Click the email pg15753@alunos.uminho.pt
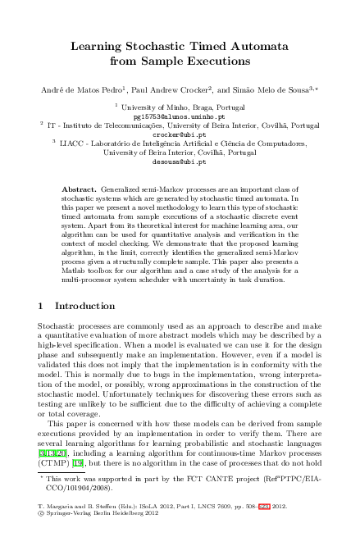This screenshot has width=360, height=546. (x=179, y=116)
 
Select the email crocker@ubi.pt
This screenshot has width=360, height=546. (x=179, y=134)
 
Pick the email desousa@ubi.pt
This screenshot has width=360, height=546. (x=179, y=162)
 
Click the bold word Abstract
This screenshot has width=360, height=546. (x=79, y=189)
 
